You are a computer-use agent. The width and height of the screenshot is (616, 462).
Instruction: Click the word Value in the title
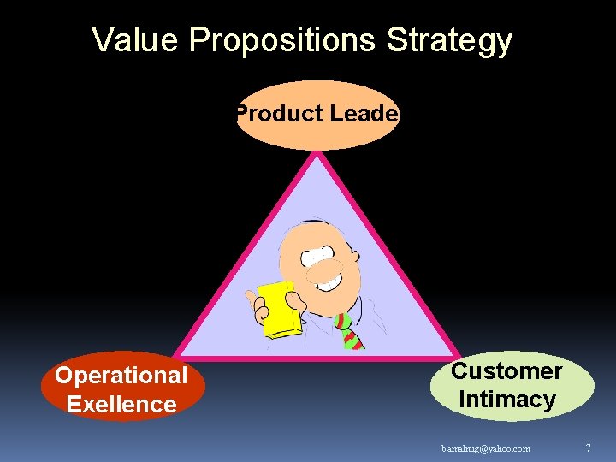click(x=136, y=40)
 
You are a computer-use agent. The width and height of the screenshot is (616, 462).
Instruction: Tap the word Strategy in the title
click(x=449, y=40)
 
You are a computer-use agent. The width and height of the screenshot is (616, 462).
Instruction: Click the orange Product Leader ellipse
click(x=317, y=128)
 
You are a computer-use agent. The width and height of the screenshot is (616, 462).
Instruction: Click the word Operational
click(x=121, y=376)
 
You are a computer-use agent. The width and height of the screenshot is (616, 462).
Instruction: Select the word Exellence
click(x=121, y=404)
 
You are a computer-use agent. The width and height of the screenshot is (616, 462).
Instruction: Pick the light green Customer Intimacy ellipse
click(x=511, y=386)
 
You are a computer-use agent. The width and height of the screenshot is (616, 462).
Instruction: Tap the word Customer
click(x=506, y=371)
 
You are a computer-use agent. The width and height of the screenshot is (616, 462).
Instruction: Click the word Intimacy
click(x=506, y=400)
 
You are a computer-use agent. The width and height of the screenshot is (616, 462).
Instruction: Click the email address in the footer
click(x=486, y=448)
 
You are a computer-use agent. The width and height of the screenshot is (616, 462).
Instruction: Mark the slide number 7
click(x=588, y=447)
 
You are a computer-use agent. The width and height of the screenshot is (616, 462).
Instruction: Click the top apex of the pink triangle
click(x=317, y=154)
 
